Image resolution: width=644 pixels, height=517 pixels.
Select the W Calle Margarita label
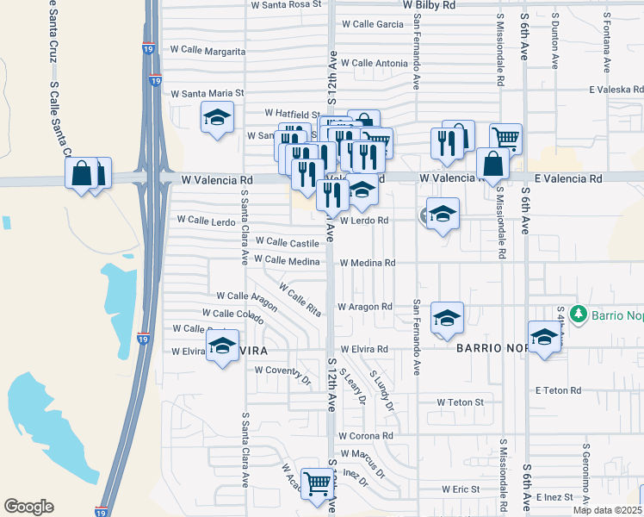pyautogui.click(x=208, y=51)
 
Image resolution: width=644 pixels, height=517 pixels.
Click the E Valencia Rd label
pyautogui.click(x=568, y=178)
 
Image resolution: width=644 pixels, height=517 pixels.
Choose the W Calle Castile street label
pyautogui.click(x=287, y=243)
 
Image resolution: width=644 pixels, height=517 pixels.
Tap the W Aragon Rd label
pyautogui.click(x=364, y=307)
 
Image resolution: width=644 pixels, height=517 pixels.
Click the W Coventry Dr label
pyautogui.click(x=282, y=371)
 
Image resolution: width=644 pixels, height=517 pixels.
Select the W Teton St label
pyautogui.click(x=460, y=402)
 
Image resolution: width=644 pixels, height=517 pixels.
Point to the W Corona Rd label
pyautogui.click(x=366, y=436)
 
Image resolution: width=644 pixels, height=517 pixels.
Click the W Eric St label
pyautogui.click(x=461, y=489)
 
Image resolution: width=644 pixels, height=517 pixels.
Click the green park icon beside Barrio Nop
pyautogui.click(x=580, y=315)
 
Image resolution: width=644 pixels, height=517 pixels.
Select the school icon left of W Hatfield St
pyautogui.click(x=217, y=116)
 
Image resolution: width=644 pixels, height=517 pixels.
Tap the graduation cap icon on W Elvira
pyautogui.click(x=223, y=347)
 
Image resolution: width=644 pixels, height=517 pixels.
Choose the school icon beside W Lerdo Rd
pyautogui.click(x=443, y=215)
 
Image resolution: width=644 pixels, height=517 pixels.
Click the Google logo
pyautogui.click(x=28, y=507)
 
